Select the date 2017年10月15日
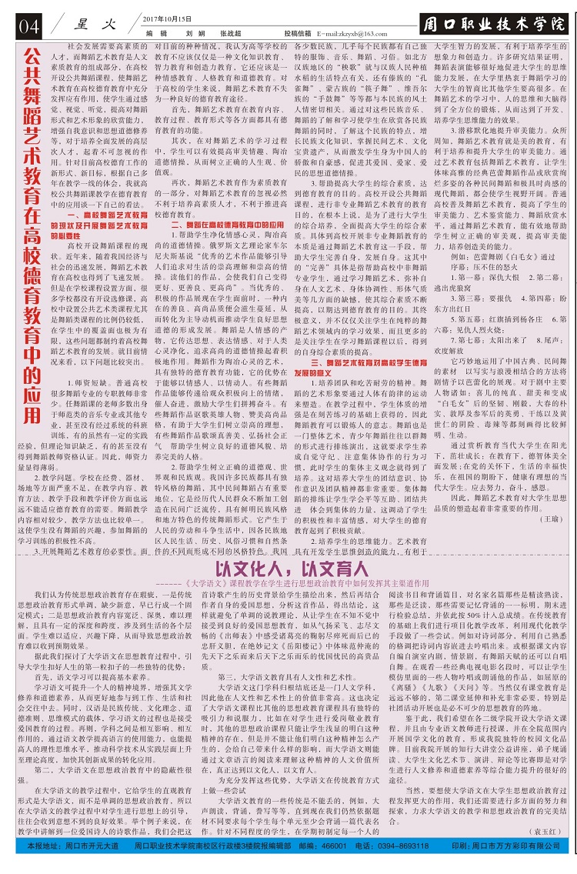(x=168, y=18)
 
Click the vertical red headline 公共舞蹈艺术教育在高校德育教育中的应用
(x=31, y=231)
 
